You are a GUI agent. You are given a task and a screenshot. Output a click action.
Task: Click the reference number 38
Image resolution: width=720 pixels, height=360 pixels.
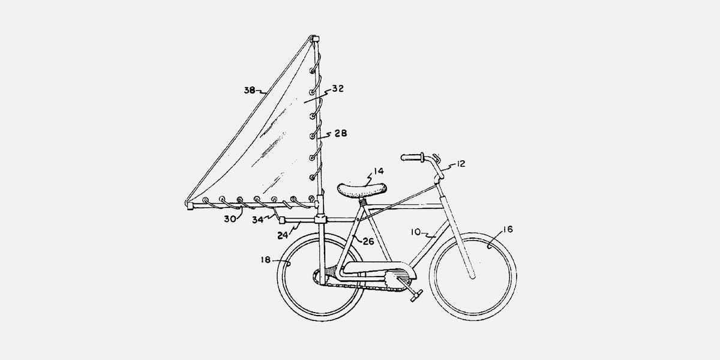pyautogui.click(x=250, y=91)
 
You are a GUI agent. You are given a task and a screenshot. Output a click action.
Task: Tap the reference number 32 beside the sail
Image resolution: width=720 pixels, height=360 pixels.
pyautogui.click(x=338, y=88)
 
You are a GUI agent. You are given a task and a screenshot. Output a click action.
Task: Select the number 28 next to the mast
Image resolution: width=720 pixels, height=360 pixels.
pyautogui.click(x=341, y=133)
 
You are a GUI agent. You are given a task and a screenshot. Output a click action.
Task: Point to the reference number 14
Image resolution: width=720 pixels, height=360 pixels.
pyautogui.click(x=379, y=171)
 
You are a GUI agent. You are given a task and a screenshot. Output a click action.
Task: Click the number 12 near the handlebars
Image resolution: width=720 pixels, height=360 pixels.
pyautogui.click(x=461, y=164)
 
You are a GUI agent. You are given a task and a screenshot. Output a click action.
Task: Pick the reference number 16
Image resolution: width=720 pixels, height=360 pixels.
pyautogui.click(x=508, y=229)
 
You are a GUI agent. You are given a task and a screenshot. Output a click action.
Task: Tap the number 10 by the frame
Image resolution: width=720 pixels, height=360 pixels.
pyautogui.click(x=416, y=232)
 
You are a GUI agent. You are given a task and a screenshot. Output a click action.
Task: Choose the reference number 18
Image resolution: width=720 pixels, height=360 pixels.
pyautogui.click(x=266, y=259)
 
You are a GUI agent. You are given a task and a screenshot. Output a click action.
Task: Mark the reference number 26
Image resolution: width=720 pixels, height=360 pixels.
pyautogui.click(x=368, y=241)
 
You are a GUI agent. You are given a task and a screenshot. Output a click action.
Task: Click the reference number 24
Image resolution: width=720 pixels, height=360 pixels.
pyautogui.click(x=283, y=236)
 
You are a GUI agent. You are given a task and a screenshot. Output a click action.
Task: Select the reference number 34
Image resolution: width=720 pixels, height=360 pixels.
pyautogui.click(x=257, y=220)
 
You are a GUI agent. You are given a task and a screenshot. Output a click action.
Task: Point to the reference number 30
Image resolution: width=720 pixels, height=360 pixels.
pyautogui.click(x=230, y=219)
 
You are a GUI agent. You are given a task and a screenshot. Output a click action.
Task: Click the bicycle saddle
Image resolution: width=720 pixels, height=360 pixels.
pyautogui.click(x=362, y=190)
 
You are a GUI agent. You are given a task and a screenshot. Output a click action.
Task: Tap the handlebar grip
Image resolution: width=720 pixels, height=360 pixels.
pyautogui.click(x=412, y=157)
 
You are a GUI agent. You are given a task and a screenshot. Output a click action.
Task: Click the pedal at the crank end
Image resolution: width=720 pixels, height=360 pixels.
pyautogui.click(x=416, y=295)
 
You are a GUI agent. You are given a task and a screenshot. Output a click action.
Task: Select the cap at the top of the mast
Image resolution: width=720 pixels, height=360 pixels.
pyautogui.click(x=315, y=39)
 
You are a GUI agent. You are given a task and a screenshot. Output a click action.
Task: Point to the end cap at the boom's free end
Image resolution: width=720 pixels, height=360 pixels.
pyautogui.click(x=190, y=205)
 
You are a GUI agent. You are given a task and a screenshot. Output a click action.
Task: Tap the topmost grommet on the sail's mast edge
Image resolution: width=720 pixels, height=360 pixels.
pyautogui.click(x=312, y=70)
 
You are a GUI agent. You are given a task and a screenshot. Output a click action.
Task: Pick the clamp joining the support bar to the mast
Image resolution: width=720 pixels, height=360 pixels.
pyautogui.click(x=320, y=220)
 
